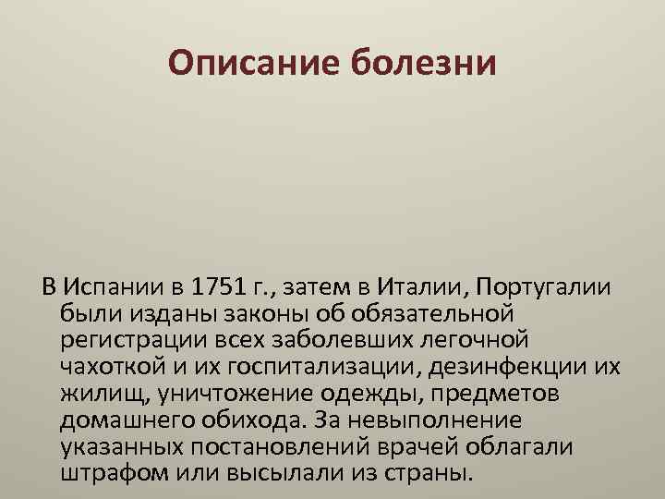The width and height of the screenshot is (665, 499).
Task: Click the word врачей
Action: point(459,448)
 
